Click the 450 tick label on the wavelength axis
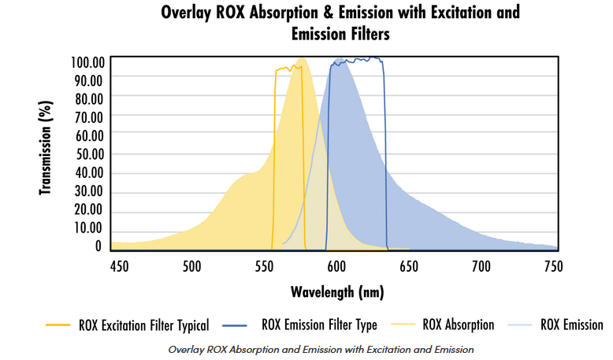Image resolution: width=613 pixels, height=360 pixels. click(119, 266)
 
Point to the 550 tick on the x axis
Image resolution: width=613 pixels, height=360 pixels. click(264, 266)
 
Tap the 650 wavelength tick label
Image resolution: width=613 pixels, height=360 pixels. click(409, 266)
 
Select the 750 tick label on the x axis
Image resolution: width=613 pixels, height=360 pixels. click(554, 266)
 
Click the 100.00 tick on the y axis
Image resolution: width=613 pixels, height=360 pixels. click(88, 62)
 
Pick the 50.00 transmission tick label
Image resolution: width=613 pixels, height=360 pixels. click(90, 154)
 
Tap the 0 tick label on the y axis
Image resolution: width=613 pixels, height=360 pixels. click(98, 247)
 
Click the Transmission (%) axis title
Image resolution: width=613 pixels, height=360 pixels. click(46, 148)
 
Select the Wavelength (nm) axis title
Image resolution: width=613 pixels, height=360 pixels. click(337, 292)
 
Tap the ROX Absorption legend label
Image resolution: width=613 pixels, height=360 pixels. click(459, 325)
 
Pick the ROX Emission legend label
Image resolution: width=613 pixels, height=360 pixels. click(572, 325)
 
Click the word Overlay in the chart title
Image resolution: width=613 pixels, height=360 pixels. click(186, 13)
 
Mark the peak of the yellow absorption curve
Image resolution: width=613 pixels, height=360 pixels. click(302, 58)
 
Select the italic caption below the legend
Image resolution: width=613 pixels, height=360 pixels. click(321, 350)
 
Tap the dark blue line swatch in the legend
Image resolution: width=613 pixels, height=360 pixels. click(235, 325)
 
